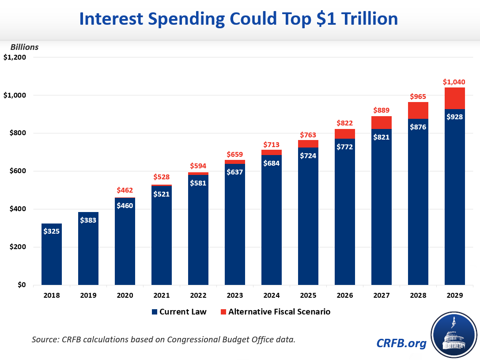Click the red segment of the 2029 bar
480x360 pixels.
pyautogui.click(x=454, y=98)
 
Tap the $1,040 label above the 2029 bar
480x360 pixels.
pyautogui.click(x=454, y=82)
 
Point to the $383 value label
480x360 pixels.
pyautogui.click(x=88, y=220)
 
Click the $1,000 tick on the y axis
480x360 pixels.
pyautogui.click(x=15, y=95)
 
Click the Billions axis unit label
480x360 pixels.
pyautogui.click(x=25, y=47)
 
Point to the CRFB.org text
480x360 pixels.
pyautogui.click(x=401, y=343)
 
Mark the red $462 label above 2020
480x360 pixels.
pyautogui.click(x=125, y=190)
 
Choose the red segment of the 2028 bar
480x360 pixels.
pyautogui.click(x=418, y=110)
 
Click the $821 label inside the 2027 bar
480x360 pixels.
pyautogui.click(x=381, y=137)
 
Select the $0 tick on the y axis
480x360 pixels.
pyautogui.click(x=21, y=285)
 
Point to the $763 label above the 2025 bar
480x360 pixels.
pyautogui.click(x=308, y=134)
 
